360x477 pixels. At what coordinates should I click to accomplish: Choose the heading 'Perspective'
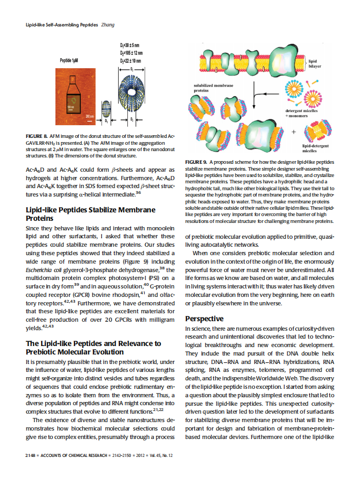click(204, 319)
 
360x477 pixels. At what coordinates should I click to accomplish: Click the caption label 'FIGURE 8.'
click(37, 136)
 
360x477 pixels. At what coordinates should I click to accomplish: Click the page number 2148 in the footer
click(32, 455)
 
